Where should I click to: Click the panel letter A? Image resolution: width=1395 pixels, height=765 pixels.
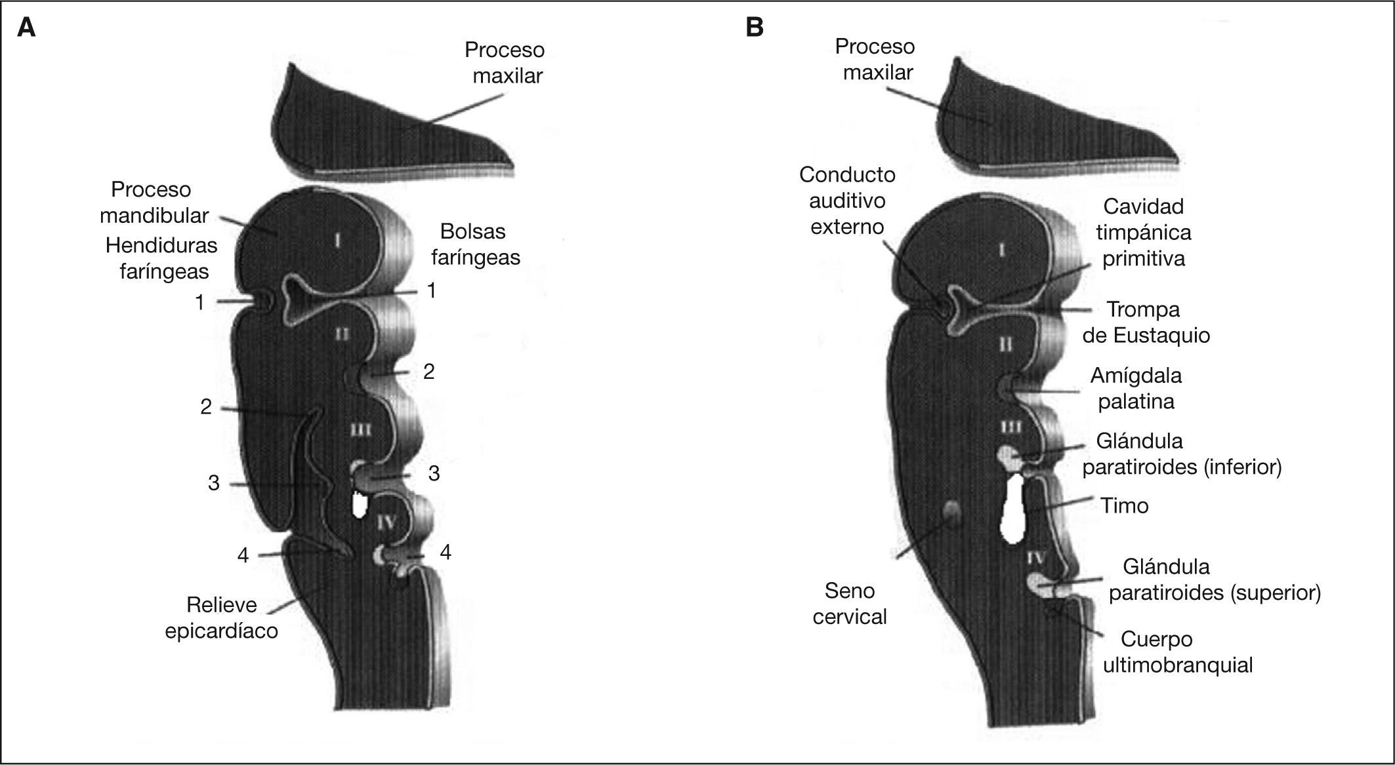(x=26, y=28)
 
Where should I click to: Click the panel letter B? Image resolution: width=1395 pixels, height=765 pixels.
(x=755, y=28)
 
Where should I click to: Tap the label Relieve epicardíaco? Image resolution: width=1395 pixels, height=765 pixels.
(x=221, y=618)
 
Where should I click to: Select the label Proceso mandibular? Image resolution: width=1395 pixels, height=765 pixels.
(x=154, y=202)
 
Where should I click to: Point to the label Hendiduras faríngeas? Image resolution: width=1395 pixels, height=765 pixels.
(x=162, y=258)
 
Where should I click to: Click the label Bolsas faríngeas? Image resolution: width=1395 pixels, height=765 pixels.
(x=475, y=244)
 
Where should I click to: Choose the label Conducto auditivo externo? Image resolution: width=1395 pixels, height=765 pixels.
(x=847, y=201)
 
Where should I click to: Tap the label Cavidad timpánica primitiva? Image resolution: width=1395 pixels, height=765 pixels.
(x=1143, y=232)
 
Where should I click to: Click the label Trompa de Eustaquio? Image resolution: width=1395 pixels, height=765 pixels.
(x=1146, y=322)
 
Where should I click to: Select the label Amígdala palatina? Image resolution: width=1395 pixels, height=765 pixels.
(x=1136, y=388)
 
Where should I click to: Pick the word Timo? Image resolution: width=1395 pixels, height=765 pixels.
(x=1124, y=505)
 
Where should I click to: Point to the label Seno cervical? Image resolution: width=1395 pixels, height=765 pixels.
(x=850, y=604)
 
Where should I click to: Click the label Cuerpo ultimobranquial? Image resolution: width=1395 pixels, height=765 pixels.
(x=1177, y=652)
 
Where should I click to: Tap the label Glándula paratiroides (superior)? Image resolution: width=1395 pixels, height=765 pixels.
(x=1214, y=579)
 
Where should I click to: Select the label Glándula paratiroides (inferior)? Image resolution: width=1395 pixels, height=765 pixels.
(x=1181, y=454)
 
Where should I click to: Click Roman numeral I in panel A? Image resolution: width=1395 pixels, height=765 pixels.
(x=337, y=241)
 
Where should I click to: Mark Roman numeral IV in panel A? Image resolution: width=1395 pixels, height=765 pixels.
(x=386, y=522)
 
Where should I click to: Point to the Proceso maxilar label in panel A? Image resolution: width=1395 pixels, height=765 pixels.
(x=504, y=62)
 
